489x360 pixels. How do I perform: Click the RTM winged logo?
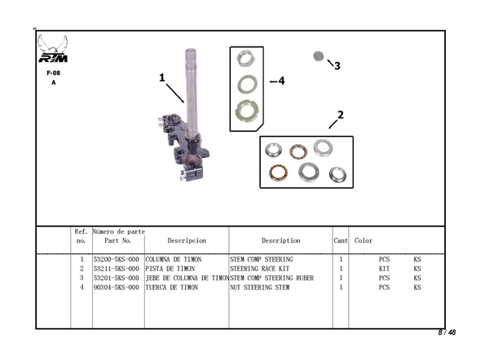[53, 49]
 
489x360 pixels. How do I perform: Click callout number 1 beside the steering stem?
[162, 77]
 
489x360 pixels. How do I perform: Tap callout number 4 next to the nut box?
[281, 81]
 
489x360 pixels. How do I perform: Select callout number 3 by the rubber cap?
[337, 66]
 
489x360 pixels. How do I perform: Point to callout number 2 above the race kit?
[341, 115]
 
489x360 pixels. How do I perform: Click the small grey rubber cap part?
[319, 57]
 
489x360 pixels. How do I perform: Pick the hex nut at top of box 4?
[246, 59]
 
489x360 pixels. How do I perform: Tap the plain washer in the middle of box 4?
[247, 84]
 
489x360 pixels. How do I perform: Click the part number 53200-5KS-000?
[117, 259]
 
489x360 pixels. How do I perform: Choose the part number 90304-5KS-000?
[117, 288]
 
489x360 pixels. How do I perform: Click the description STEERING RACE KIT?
[259, 269]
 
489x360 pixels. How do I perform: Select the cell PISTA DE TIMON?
[170, 269]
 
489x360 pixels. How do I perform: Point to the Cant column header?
[341, 240]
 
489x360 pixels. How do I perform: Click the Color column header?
[363, 240]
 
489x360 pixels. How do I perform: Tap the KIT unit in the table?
[384, 269]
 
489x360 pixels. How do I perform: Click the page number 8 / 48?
[447, 332]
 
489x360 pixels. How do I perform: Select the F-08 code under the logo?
[53, 73]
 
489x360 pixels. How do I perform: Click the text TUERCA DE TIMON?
[171, 288]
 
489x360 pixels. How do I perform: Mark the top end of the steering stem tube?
[191, 50]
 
